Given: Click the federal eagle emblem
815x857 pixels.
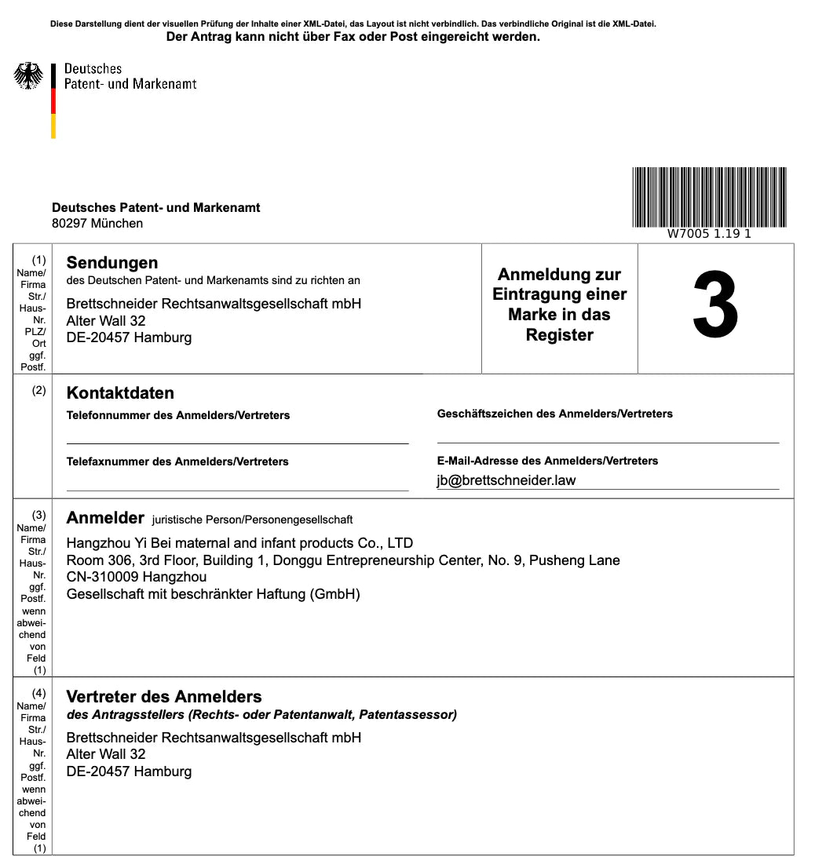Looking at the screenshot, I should click(28, 76).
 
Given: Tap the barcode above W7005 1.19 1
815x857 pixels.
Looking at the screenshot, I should click(709, 196).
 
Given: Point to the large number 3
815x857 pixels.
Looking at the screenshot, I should click(715, 308).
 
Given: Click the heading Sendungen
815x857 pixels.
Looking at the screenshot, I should click(112, 263).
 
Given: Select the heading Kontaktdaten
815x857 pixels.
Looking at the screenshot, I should click(120, 393).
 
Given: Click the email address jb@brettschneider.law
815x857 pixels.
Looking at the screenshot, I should click(506, 480).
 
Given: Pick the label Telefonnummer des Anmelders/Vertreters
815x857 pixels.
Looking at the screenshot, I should click(178, 415).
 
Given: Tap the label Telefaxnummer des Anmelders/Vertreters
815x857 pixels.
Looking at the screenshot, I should click(177, 461).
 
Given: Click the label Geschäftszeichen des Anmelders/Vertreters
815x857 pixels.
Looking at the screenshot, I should click(554, 414).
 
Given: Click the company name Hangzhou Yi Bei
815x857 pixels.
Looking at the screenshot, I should click(239, 543).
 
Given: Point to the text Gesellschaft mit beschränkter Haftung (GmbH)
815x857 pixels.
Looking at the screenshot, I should click(213, 594).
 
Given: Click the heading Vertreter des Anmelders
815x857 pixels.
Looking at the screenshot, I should click(164, 697).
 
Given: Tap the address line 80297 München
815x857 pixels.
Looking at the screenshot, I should click(97, 224).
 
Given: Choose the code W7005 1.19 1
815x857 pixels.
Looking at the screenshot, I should click(709, 234).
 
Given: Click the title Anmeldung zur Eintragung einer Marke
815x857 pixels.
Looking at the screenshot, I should click(559, 305).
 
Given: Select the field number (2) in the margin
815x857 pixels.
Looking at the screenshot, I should click(39, 390).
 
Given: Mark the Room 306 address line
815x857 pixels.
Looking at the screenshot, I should click(343, 560).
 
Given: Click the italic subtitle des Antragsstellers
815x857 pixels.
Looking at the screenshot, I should click(261, 715).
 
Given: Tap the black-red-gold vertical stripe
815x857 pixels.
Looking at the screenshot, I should click(53, 101).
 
